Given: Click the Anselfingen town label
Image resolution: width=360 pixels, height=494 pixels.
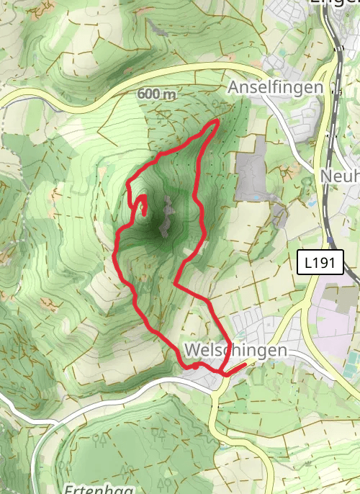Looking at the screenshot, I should [x=275, y=87].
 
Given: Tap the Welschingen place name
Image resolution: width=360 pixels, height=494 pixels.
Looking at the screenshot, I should [x=235, y=350].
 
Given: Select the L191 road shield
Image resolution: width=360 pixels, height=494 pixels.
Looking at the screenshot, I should [x=320, y=263].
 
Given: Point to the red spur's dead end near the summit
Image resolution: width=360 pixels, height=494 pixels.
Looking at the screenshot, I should [x=145, y=213].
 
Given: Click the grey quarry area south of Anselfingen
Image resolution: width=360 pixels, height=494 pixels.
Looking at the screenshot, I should [x=251, y=176].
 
